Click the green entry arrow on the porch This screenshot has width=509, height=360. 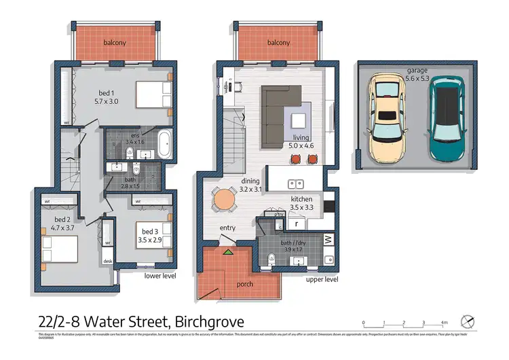228,252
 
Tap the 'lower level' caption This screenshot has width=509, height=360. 160,276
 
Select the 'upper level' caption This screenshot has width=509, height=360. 322,279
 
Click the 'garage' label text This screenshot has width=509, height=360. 417,69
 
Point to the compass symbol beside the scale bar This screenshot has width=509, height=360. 466,320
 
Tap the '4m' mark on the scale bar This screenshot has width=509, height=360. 445,323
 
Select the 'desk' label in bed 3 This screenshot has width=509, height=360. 107,260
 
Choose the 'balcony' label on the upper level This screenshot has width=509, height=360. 278,43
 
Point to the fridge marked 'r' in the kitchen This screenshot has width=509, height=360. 296,223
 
